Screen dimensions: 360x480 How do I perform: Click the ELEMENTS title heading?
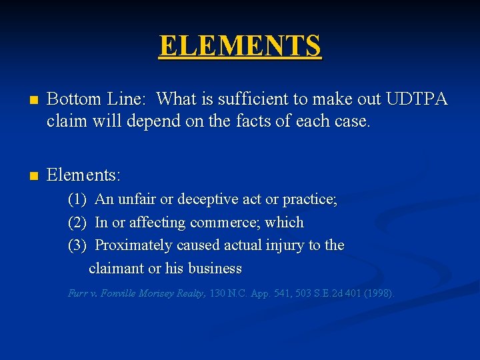coord(240,46)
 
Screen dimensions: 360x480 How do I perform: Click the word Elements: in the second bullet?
coord(83,175)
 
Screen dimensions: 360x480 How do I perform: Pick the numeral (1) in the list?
coord(77,199)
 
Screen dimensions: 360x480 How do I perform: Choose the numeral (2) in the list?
coord(77,223)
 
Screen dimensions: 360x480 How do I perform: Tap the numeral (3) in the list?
coord(77,245)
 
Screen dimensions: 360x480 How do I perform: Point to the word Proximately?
coord(133,245)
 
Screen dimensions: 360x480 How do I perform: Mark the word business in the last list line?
coord(215,269)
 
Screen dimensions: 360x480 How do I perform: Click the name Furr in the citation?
coord(77,293)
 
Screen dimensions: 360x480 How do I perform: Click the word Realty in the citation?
coord(190,293)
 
